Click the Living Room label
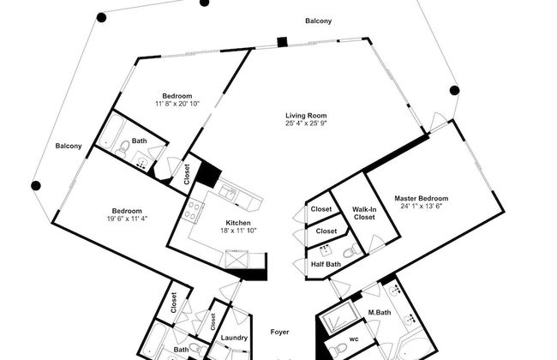306,116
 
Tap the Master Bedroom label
422,198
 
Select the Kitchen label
238,223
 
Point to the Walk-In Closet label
364,213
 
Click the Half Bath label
326,264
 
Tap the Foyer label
279,332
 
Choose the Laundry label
234,338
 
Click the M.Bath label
380,312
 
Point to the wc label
354,339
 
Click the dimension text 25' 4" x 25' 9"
306,123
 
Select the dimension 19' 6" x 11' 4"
127,219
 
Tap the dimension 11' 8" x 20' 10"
177,104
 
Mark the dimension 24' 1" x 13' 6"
422,206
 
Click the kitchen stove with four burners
192,210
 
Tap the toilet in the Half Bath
351,251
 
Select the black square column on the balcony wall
282,42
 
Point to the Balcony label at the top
318,21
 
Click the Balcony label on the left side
69,146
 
